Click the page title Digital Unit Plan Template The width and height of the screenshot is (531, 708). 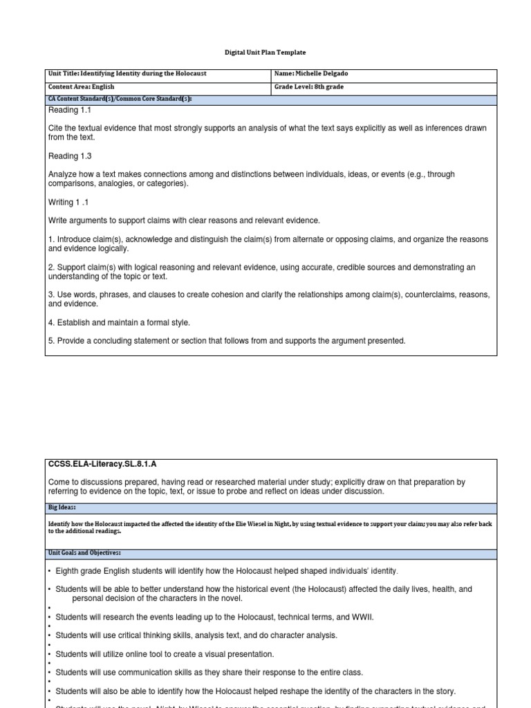(265, 53)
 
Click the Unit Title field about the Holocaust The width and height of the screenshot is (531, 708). (127, 73)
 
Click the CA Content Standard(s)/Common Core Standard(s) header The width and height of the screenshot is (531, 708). (120, 99)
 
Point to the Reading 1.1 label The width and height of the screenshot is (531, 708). (69, 110)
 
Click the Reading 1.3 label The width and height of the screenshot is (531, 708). (69, 156)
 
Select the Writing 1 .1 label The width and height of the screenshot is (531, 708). (68, 202)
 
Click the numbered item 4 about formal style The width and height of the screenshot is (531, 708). (119, 322)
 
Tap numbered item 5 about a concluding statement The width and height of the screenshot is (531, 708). (227, 340)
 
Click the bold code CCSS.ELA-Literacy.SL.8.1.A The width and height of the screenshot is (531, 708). (107, 463)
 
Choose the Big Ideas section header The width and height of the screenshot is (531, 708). (64, 506)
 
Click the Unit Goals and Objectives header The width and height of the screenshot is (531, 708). (84, 553)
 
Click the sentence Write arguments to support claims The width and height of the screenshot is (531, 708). (184, 221)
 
